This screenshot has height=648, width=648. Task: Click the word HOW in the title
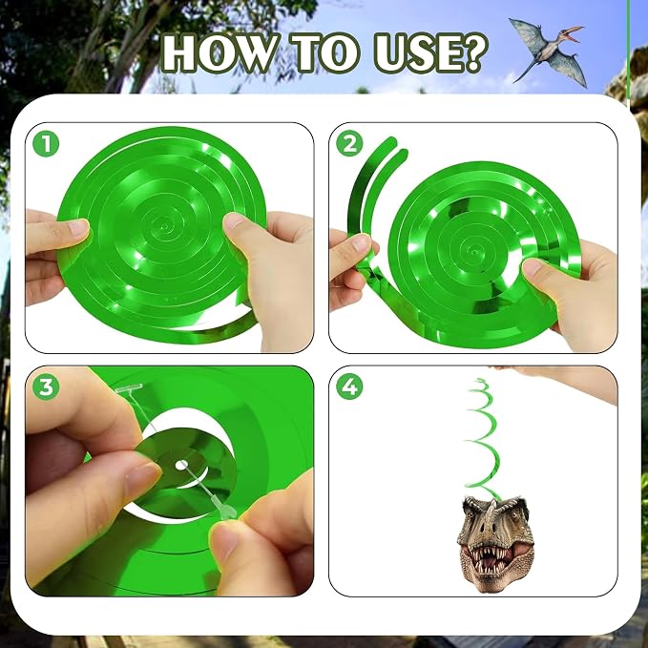[219, 52]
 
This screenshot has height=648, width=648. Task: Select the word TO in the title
[325, 52]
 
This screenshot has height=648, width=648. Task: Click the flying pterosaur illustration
[548, 52]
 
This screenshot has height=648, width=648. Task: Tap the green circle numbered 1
[46, 143]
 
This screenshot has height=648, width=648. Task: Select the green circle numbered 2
[349, 143]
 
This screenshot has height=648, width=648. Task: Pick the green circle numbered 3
[46, 387]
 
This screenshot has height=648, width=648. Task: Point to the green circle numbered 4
[349, 387]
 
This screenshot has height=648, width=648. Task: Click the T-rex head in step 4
[495, 543]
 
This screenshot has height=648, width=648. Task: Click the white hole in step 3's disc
[181, 466]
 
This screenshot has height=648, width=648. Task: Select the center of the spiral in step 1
[164, 226]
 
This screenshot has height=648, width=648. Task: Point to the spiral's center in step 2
[474, 251]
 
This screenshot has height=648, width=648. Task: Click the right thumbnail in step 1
[235, 221]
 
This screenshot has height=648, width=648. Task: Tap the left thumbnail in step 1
[78, 227]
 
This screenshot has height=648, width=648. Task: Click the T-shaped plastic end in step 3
[129, 387]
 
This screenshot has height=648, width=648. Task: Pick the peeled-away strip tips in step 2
[392, 148]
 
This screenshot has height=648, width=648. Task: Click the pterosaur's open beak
[574, 33]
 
